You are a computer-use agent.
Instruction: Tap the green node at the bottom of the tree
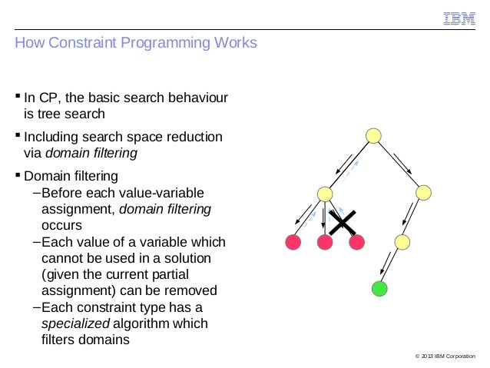(379, 289)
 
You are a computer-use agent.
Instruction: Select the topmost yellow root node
(373, 136)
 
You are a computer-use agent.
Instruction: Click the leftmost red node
(293, 243)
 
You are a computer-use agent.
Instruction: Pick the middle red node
(324, 243)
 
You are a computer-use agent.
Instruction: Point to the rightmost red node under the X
(356, 243)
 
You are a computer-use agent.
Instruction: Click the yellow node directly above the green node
(402, 243)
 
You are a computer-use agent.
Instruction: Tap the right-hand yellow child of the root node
(425, 194)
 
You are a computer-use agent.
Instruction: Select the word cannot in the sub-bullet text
(61, 258)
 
